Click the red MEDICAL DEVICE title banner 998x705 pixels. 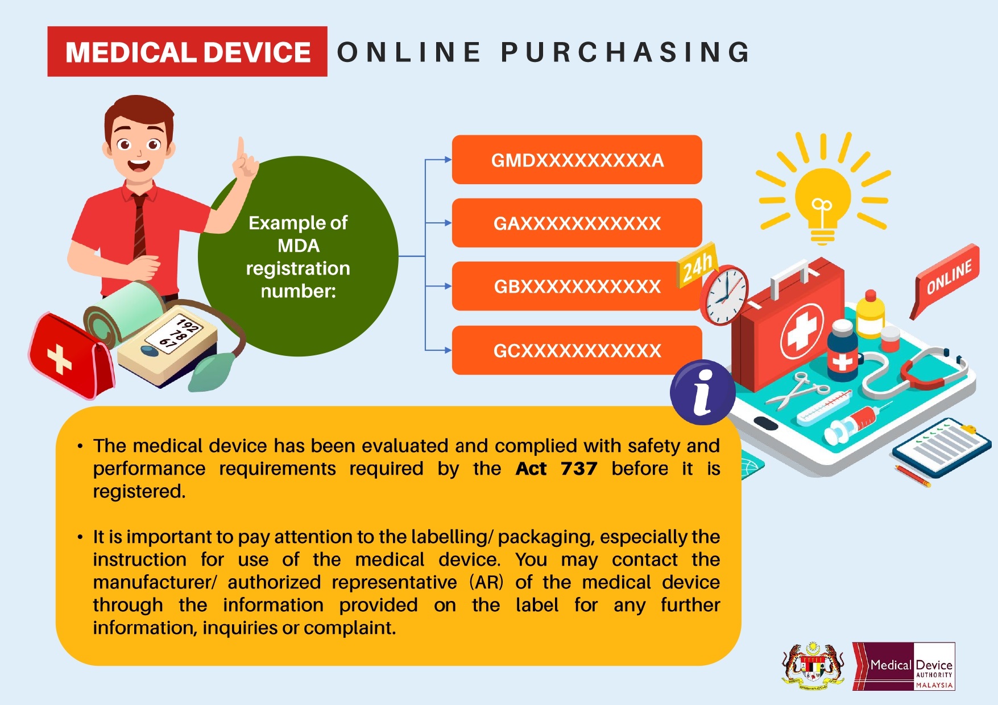(187, 51)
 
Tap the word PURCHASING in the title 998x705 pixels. (626, 52)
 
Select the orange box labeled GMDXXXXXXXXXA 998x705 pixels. (577, 160)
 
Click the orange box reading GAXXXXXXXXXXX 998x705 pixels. (577, 223)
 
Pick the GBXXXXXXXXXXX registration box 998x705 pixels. (577, 286)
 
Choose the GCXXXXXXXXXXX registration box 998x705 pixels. (577, 350)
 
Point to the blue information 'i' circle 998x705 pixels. (703, 392)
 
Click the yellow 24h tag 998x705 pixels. (697, 265)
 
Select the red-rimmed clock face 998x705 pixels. (724, 295)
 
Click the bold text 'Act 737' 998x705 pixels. (556, 468)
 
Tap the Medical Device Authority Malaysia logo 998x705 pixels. (904, 666)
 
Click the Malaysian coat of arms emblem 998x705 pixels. (813, 666)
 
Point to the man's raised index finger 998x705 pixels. (242, 149)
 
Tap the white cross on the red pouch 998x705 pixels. (59, 359)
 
